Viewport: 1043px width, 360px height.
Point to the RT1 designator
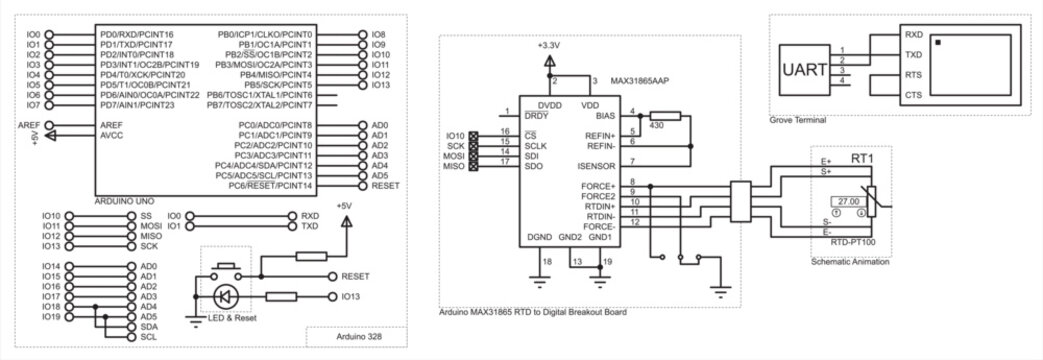tap(862, 158)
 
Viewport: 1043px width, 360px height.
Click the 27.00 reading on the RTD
tap(848, 201)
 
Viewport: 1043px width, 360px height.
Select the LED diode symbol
tap(226, 296)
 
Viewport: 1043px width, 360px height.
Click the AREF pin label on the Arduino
tap(111, 125)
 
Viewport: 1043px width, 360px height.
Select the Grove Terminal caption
tap(798, 120)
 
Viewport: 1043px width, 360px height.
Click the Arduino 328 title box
tap(355, 339)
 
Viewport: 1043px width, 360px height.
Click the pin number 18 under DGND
tap(545, 262)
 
